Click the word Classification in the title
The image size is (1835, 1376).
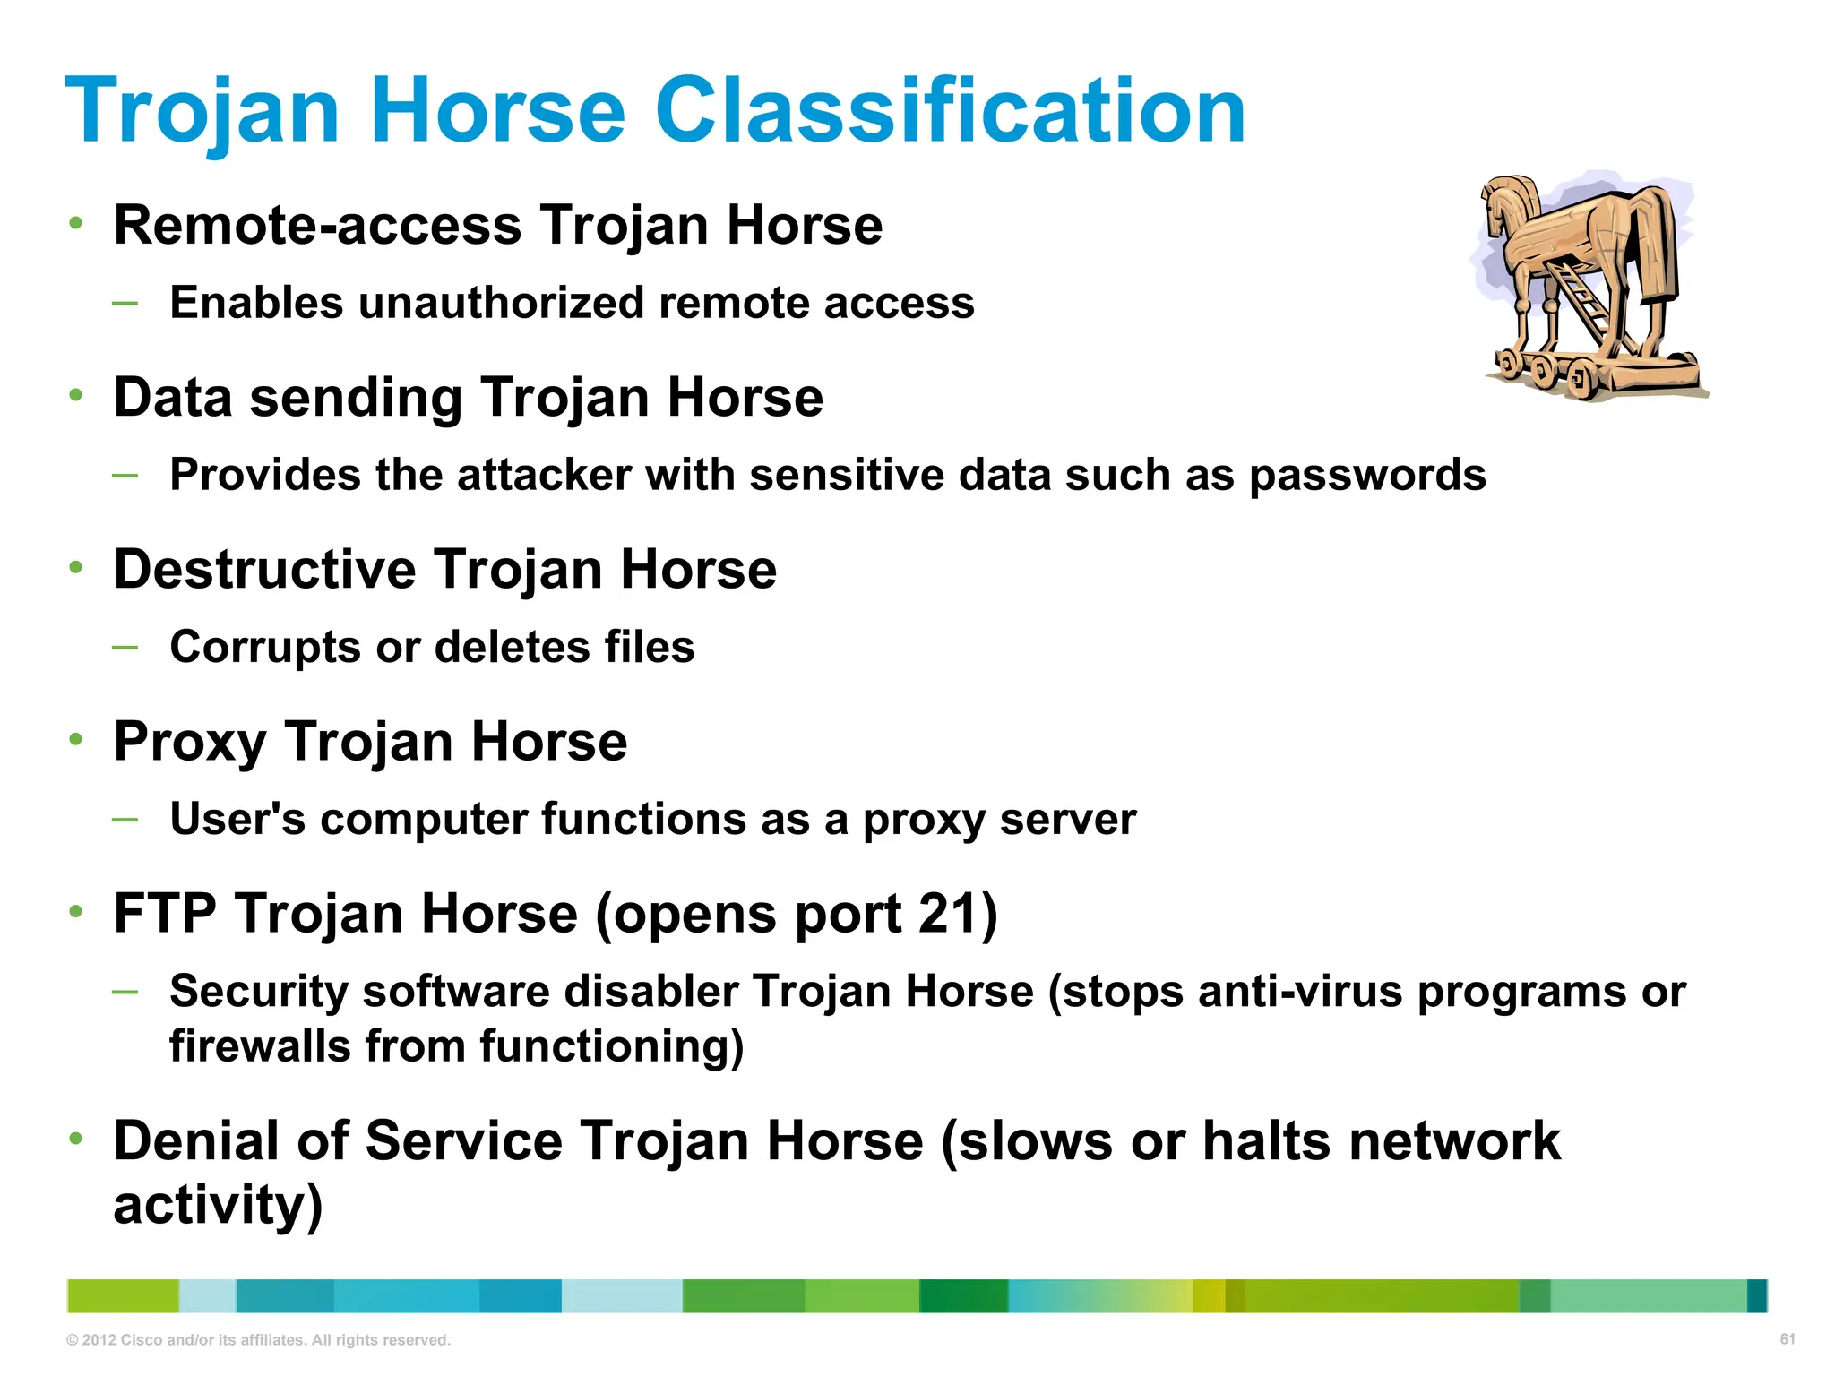950,111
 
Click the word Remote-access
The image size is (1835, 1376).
317,225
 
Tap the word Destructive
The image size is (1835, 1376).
264,570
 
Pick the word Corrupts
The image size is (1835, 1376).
265,648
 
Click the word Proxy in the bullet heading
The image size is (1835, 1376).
190,743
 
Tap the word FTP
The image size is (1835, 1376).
165,914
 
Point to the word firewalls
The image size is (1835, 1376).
260,1046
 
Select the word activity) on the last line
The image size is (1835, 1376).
218,1205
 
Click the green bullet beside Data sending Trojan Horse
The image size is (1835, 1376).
77,395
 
